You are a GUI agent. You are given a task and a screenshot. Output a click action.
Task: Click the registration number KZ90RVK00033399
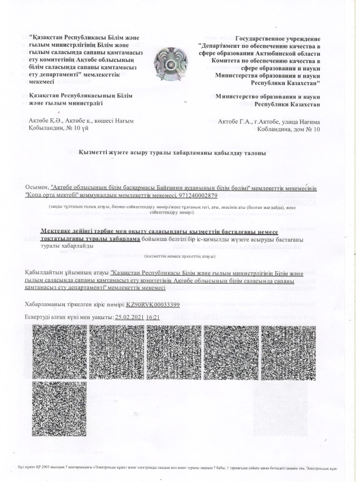click(x=152, y=304)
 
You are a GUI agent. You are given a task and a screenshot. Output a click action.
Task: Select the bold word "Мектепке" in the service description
click(x=58, y=231)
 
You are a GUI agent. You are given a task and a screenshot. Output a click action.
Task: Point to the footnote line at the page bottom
click(x=179, y=468)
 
